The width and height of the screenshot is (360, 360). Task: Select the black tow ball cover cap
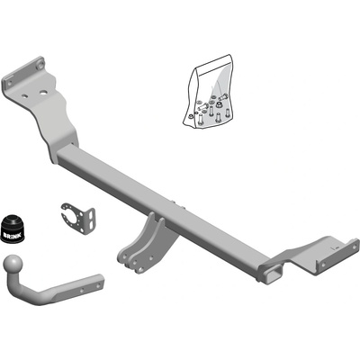pos(13,229)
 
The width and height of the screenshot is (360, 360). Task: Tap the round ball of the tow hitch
pos(13,264)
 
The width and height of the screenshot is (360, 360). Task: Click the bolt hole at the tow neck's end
pos(98,286)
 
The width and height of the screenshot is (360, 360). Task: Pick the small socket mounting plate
pos(78,219)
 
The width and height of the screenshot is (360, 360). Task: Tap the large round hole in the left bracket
pos(44,93)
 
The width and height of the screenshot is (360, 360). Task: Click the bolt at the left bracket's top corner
pos(40,65)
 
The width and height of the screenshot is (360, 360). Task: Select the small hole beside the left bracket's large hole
pos(25,96)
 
